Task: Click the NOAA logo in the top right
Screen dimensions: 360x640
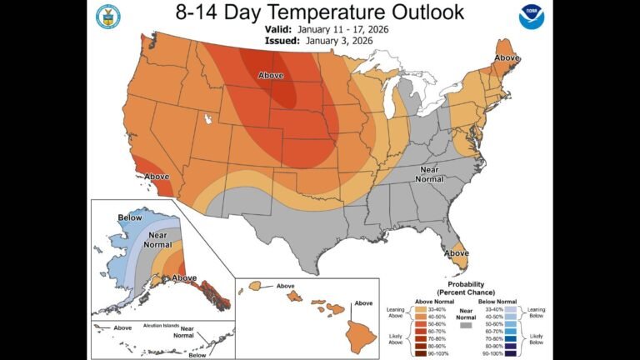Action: point(530,17)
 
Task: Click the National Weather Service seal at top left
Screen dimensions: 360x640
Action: point(107,16)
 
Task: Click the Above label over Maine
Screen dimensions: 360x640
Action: point(507,57)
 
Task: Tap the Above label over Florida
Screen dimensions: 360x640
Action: point(456,252)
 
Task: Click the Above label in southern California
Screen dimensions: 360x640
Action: point(157,177)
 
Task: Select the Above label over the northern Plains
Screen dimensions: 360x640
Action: point(270,75)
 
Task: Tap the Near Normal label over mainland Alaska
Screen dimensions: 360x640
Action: point(157,241)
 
